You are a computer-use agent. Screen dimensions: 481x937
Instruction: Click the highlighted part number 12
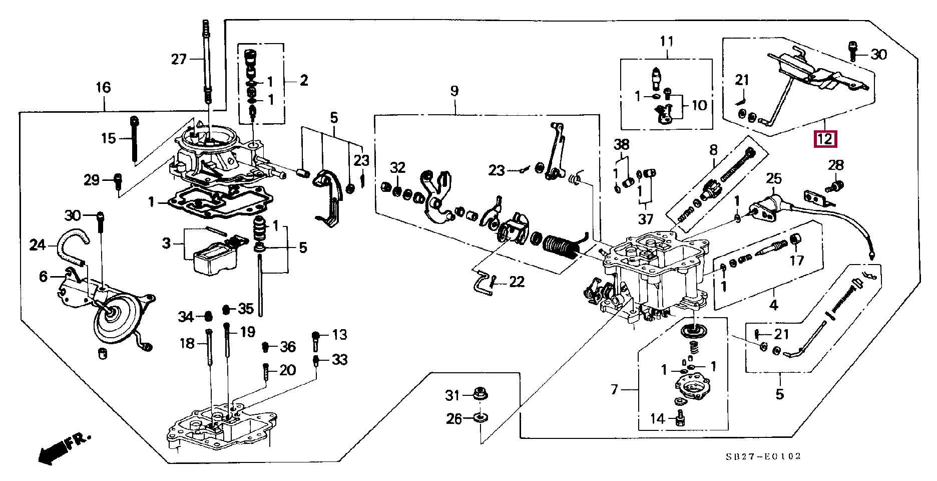[825, 139]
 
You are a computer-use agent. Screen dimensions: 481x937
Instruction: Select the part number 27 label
[179, 60]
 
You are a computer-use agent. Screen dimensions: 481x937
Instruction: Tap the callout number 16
[103, 88]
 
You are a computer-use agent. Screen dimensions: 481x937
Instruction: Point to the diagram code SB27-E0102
[764, 456]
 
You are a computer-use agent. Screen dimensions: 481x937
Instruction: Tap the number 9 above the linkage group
[454, 91]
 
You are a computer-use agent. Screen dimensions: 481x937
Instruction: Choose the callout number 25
[774, 179]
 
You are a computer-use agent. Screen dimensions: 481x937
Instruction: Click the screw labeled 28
[834, 187]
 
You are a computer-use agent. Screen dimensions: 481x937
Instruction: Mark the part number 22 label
[517, 282]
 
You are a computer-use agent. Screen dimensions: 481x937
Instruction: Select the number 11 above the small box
[667, 41]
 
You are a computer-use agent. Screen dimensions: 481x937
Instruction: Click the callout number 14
[657, 418]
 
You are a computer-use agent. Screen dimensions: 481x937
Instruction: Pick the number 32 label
[397, 168]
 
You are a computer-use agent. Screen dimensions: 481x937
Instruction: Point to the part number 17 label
[797, 261]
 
